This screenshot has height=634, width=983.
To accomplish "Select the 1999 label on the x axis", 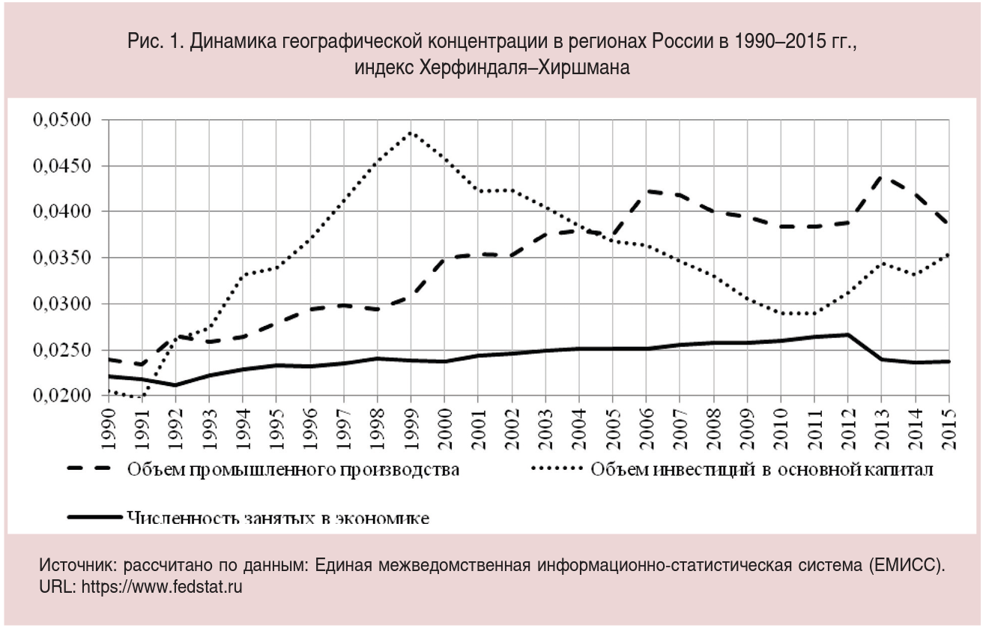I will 411,423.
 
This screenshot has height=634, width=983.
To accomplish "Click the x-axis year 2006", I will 646,423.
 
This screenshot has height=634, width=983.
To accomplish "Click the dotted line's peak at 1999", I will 411,133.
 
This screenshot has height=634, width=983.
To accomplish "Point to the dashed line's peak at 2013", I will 882,177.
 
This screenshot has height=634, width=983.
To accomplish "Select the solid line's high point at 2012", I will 848,334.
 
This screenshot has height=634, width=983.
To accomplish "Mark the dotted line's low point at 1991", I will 141,398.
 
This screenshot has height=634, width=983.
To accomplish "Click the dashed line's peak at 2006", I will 646,191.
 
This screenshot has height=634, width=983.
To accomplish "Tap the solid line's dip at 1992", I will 175,385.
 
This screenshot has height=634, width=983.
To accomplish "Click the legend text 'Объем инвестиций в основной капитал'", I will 761,470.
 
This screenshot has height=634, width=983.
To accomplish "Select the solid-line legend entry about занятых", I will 277,517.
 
